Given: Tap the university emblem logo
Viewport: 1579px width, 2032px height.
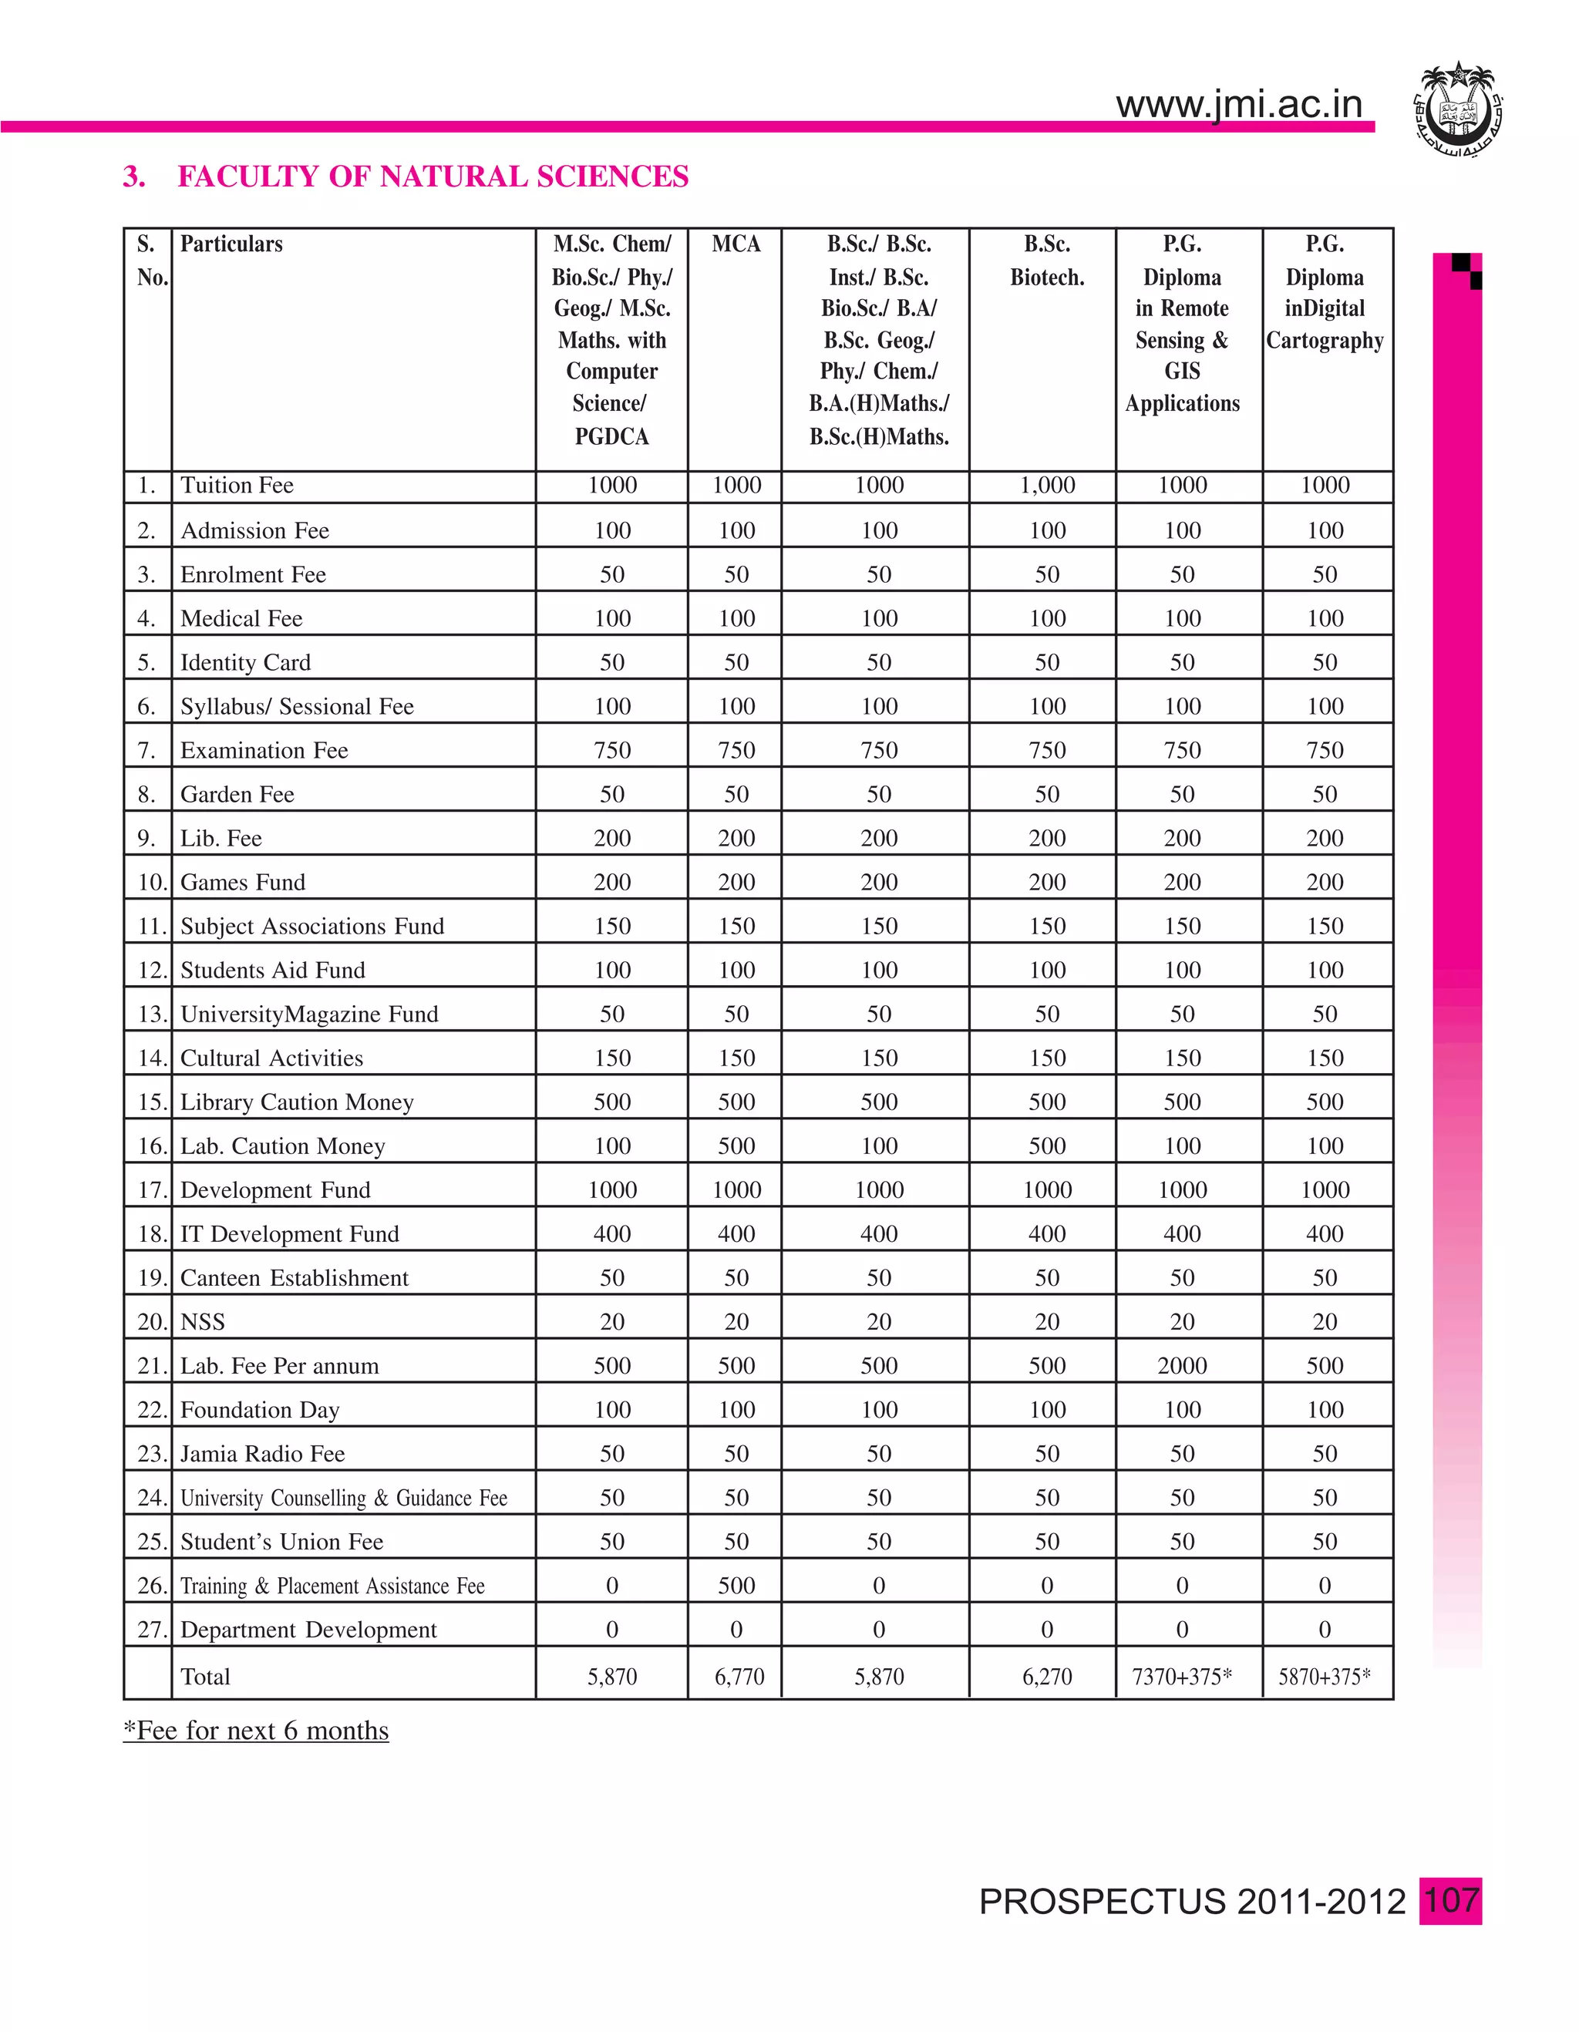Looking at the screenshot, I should [x=1457, y=109].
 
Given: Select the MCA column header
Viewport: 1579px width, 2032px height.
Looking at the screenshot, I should [x=736, y=244].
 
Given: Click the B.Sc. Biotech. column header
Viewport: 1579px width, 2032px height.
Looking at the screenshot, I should [x=1047, y=261].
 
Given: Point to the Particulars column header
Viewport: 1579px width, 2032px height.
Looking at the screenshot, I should [x=232, y=244].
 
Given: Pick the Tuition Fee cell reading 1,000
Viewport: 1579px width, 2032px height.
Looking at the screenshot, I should [x=1047, y=486].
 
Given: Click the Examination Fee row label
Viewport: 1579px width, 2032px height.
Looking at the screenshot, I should [x=264, y=751].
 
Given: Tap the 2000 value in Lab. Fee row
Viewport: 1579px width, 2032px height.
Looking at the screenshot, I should [x=1182, y=1366].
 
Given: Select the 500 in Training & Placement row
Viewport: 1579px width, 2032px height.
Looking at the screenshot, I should [x=736, y=1586].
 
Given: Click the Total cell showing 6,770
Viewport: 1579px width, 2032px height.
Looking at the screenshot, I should [x=739, y=1677].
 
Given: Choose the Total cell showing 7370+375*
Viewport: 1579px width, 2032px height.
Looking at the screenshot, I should [x=1182, y=1677].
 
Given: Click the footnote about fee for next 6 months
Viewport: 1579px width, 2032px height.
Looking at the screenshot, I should [x=256, y=1731].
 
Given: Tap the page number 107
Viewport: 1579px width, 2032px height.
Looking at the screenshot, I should [x=1450, y=1900].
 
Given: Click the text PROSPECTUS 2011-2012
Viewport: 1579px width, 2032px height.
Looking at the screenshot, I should [x=1192, y=1902].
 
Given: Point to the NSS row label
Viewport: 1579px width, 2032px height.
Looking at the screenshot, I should [x=203, y=1322].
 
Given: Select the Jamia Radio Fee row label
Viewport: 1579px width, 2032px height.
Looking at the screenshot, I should [x=262, y=1454].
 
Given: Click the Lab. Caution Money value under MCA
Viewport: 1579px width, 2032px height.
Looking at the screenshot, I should [x=736, y=1146].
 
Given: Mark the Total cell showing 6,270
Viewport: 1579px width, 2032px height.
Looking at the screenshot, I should [x=1047, y=1677].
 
